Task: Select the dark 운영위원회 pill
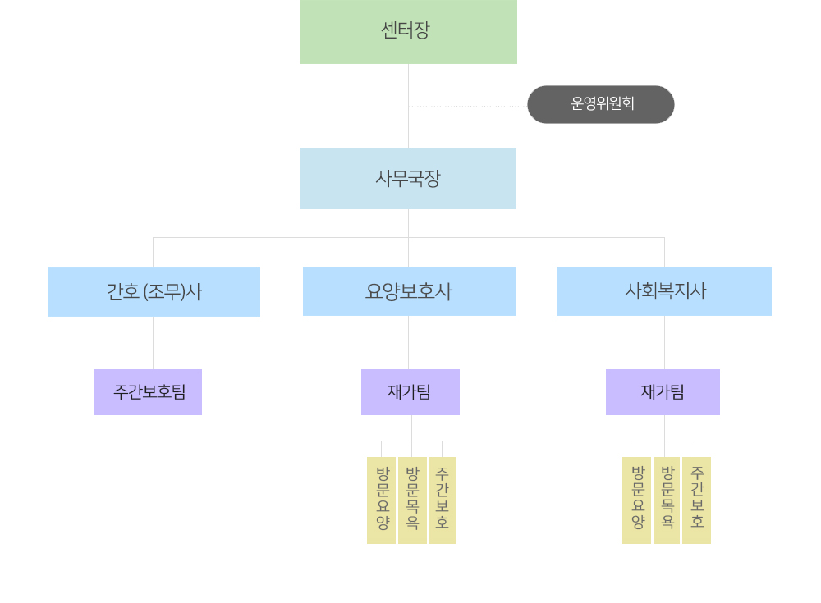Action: pyautogui.click(x=601, y=104)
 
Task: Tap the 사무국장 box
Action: pyautogui.click(x=408, y=179)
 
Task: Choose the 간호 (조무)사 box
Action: pyautogui.click(x=154, y=291)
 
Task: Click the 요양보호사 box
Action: pyautogui.click(x=409, y=291)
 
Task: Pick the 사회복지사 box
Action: pyautogui.click(x=664, y=291)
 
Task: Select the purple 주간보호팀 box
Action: pyautogui.click(x=148, y=392)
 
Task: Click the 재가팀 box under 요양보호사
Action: pyautogui.click(x=410, y=392)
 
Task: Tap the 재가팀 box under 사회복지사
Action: pyautogui.click(x=663, y=392)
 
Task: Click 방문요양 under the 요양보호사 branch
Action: pyautogui.click(x=382, y=500)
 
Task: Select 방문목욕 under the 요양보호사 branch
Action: pyautogui.click(x=412, y=500)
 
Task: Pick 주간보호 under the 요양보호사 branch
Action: pyautogui.click(x=443, y=500)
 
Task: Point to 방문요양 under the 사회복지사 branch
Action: pyautogui.click(x=636, y=500)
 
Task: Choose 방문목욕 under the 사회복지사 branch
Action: pyautogui.click(x=667, y=500)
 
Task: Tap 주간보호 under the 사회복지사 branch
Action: pyautogui.click(x=696, y=500)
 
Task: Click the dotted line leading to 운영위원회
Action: pyautogui.click(x=468, y=106)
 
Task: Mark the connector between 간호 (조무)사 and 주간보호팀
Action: pyautogui.click(x=153, y=343)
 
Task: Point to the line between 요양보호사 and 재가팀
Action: pyautogui.click(x=408, y=343)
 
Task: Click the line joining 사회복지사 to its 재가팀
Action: pyautogui.click(x=664, y=343)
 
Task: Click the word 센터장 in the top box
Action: pyautogui.click(x=406, y=30)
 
